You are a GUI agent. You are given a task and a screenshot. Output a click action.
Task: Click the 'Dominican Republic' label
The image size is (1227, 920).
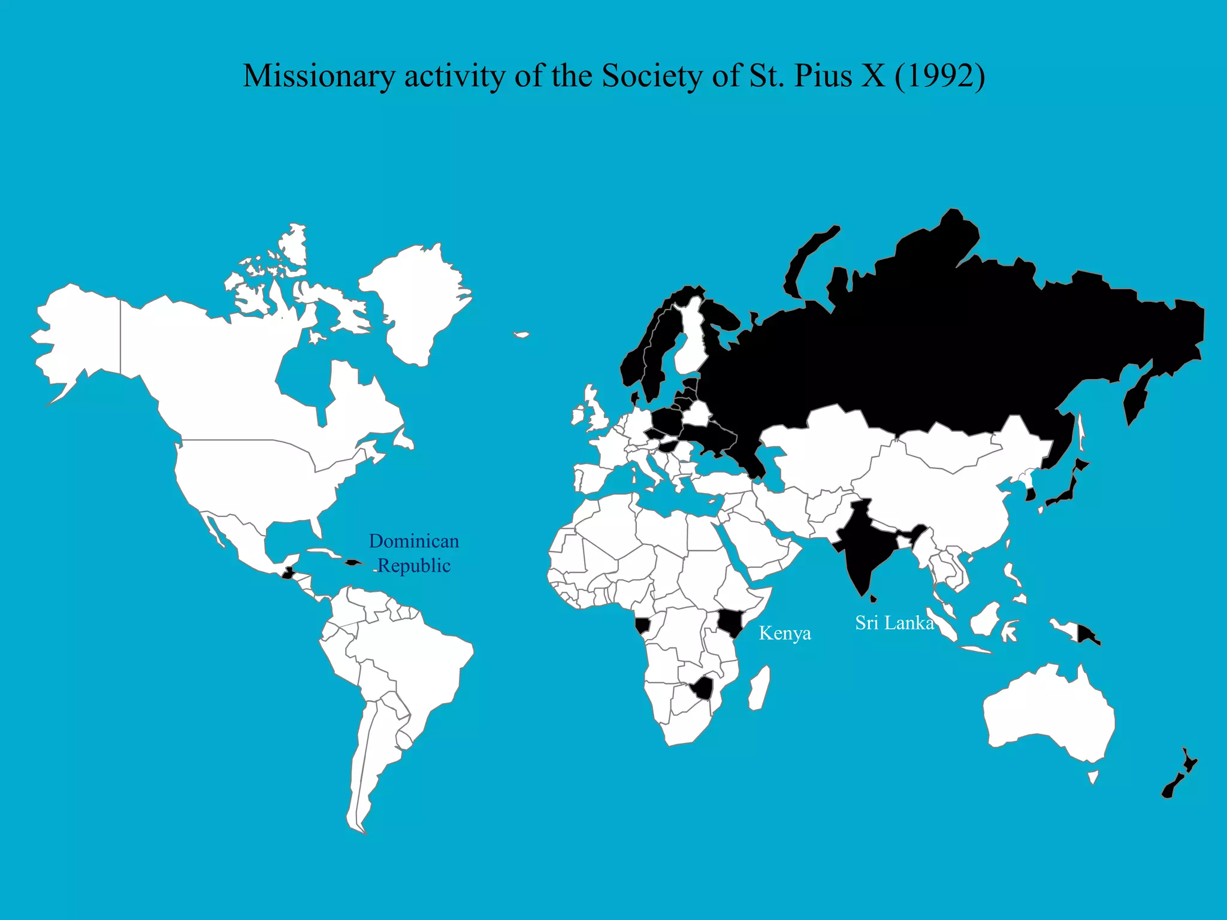(413, 553)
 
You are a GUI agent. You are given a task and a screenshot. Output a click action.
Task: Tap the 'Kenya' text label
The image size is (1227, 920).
(785, 633)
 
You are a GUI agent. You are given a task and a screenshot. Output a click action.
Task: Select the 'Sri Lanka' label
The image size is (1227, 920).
(894, 623)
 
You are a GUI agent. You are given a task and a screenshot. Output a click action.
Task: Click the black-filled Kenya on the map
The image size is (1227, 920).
(732, 623)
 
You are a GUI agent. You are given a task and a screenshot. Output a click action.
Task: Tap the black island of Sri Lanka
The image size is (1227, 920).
(874, 598)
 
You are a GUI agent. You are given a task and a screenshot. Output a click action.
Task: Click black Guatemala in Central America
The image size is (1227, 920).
(288, 573)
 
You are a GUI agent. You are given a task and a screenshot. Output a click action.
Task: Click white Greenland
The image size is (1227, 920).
(419, 299)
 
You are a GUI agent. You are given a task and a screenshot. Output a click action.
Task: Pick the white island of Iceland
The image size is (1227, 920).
(522, 335)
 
